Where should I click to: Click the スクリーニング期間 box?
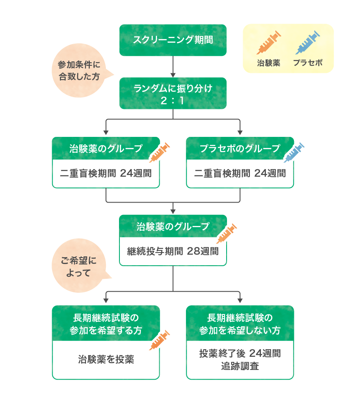173,40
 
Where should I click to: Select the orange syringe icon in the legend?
269,42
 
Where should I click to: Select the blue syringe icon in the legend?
307,42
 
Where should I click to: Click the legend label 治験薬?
269,64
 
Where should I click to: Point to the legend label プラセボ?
307,64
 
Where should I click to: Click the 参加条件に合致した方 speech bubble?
79,71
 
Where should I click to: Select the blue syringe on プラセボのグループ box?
294,153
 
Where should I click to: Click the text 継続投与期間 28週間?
173,251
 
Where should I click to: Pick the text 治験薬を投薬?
106,360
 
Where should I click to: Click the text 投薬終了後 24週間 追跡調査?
240,359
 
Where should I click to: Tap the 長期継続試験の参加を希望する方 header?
106,324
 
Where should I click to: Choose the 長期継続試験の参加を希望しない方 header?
240,324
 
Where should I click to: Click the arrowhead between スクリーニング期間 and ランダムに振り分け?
173,75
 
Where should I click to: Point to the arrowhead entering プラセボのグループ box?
240,133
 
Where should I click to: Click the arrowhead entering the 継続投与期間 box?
173,211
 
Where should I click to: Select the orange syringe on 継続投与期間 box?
227,233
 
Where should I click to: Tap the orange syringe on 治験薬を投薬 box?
159,340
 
